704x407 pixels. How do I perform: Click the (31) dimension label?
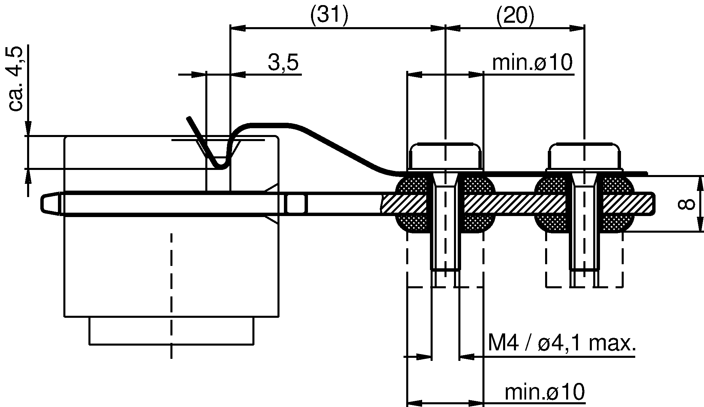coord(329,15)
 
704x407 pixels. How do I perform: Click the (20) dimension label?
coord(515,15)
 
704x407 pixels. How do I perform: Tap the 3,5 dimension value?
coord(283,63)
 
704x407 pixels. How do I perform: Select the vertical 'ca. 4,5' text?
coord(15,79)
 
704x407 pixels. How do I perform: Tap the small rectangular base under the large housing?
coord(171,331)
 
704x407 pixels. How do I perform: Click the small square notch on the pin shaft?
coord(295,203)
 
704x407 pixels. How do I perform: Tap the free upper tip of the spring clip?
coord(189,119)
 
